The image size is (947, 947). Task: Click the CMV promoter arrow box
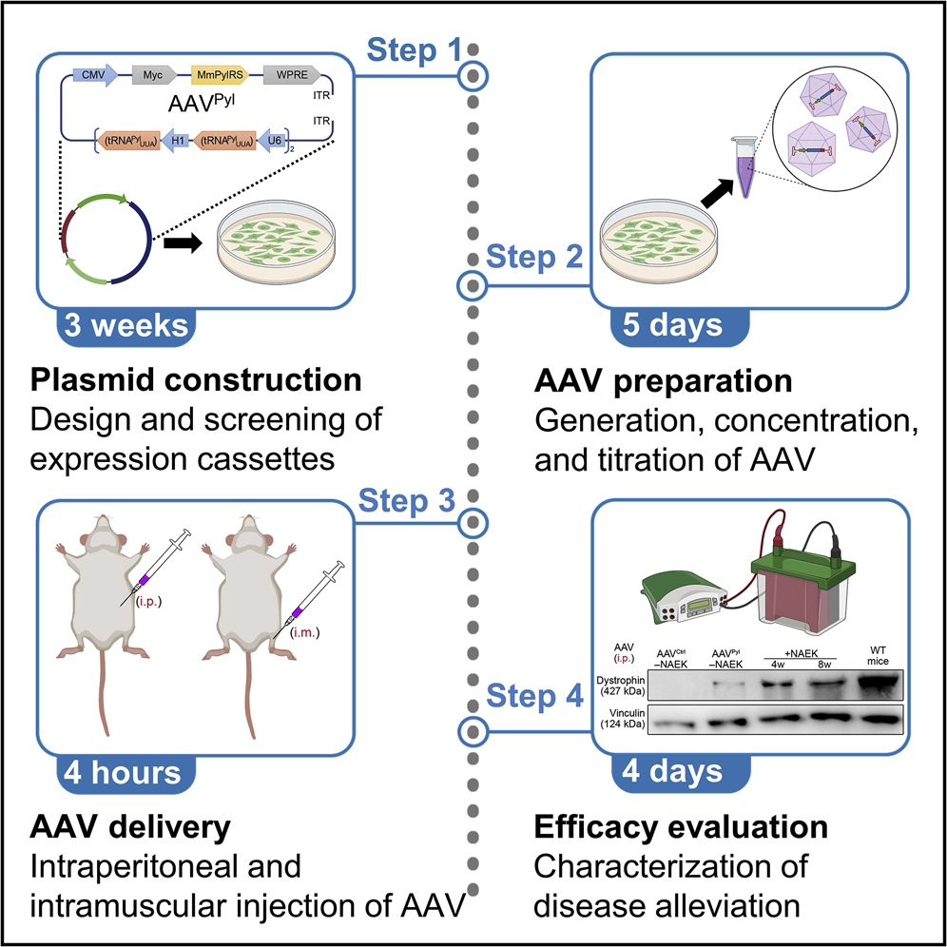(x=94, y=73)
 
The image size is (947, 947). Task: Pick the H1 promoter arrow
(x=175, y=142)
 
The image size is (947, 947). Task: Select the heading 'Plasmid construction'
(x=196, y=381)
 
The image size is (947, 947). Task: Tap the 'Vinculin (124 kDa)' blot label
(x=623, y=724)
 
